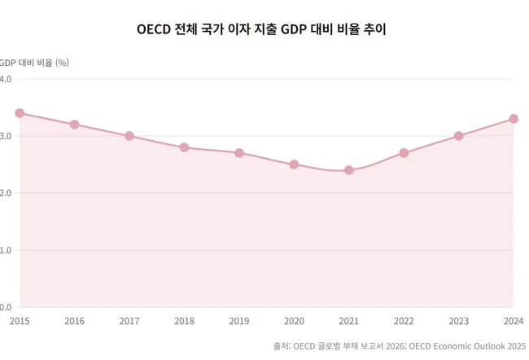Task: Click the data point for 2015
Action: pyautogui.click(x=20, y=113)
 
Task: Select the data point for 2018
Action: pyautogui.click(x=184, y=147)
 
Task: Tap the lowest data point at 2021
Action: pyautogui.click(x=349, y=170)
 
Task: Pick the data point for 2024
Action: pyautogui.click(x=514, y=119)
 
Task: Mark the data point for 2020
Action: pyautogui.click(x=294, y=165)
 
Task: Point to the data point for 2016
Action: pyautogui.click(x=74, y=125)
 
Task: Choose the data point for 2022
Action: pyautogui.click(x=404, y=153)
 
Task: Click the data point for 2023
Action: pyautogui.click(x=459, y=136)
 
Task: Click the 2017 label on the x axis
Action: pyautogui.click(x=129, y=322)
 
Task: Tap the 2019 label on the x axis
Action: pyautogui.click(x=239, y=322)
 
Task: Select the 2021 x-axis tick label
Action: pyautogui.click(x=349, y=322)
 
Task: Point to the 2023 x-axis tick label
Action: pyautogui.click(x=459, y=322)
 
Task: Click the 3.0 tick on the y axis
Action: pyautogui.click(x=5, y=136)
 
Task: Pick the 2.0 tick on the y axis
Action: pyautogui.click(x=5, y=193)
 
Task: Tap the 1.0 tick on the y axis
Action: pyautogui.click(x=5, y=250)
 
